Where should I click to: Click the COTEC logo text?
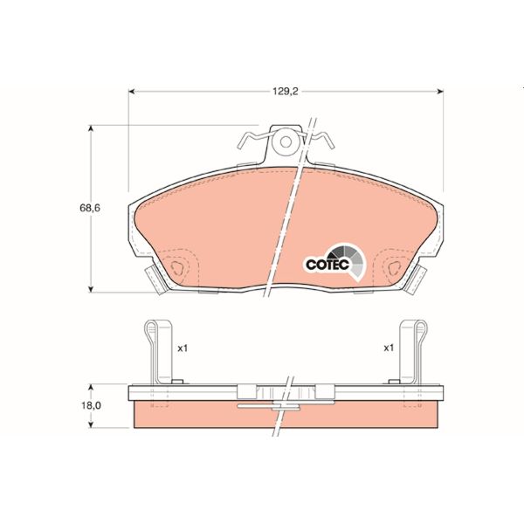[x=327, y=263]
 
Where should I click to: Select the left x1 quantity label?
[x=183, y=348]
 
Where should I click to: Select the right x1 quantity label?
[x=389, y=348]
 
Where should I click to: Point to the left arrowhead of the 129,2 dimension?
[x=133, y=90]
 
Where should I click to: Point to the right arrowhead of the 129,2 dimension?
[x=440, y=90]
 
